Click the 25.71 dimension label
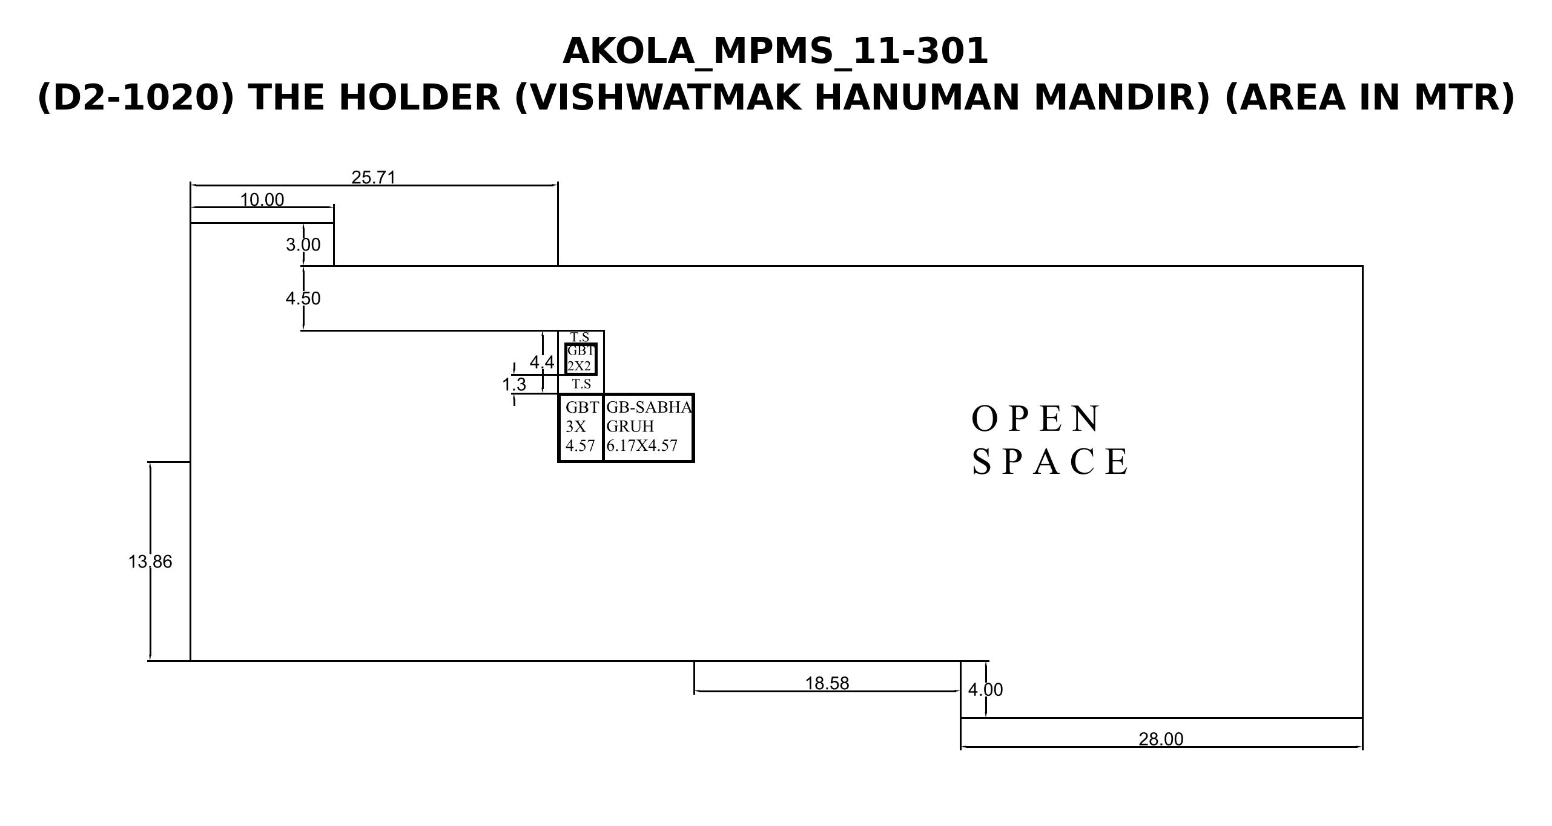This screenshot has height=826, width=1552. click(374, 177)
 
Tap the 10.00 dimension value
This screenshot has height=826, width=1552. click(262, 200)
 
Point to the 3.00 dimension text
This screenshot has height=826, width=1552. click(303, 244)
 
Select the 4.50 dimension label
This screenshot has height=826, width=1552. click(303, 298)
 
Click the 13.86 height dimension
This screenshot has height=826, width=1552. click(150, 562)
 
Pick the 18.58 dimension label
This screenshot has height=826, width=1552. click(827, 683)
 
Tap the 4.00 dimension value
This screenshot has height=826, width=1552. click(986, 690)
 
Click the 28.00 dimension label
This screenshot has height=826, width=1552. click(1161, 739)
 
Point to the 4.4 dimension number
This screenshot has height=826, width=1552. click(542, 362)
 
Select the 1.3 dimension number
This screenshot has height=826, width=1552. click(514, 384)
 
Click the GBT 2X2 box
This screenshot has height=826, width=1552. click(581, 359)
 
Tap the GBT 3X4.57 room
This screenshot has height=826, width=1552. click(581, 427)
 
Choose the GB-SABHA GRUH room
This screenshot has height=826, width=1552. click(649, 427)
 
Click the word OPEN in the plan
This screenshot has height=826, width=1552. click(1036, 419)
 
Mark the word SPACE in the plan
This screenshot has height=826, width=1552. click(1051, 462)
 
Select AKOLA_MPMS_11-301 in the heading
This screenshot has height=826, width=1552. click(776, 51)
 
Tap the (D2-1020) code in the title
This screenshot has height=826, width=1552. click(136, 97)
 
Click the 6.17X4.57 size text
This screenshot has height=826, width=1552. click(642, 445)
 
